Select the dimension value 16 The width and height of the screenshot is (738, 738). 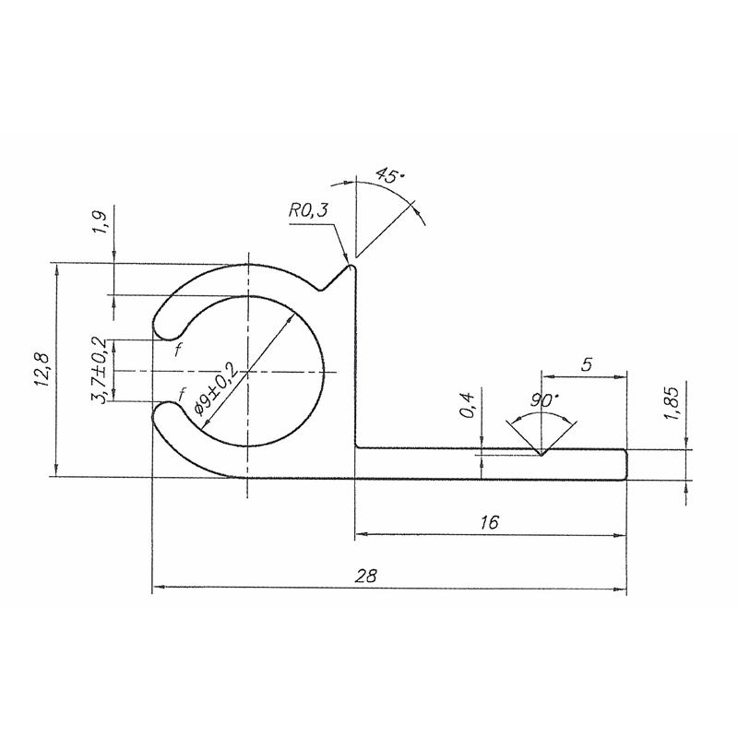click(490, 522)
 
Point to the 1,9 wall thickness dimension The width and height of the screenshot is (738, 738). click(101, 224)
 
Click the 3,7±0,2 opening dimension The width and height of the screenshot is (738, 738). click(101, 370)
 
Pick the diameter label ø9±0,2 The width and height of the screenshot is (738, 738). click(215, 388)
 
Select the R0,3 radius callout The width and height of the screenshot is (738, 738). click(307, 212)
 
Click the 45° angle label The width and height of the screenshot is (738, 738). click(389, 176)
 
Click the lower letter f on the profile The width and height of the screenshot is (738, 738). click(182, 392)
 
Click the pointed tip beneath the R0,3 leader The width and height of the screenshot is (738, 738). click(351, 268)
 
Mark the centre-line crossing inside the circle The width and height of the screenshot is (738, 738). click(247, 372)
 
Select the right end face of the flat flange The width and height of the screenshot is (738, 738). click(626, 464)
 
